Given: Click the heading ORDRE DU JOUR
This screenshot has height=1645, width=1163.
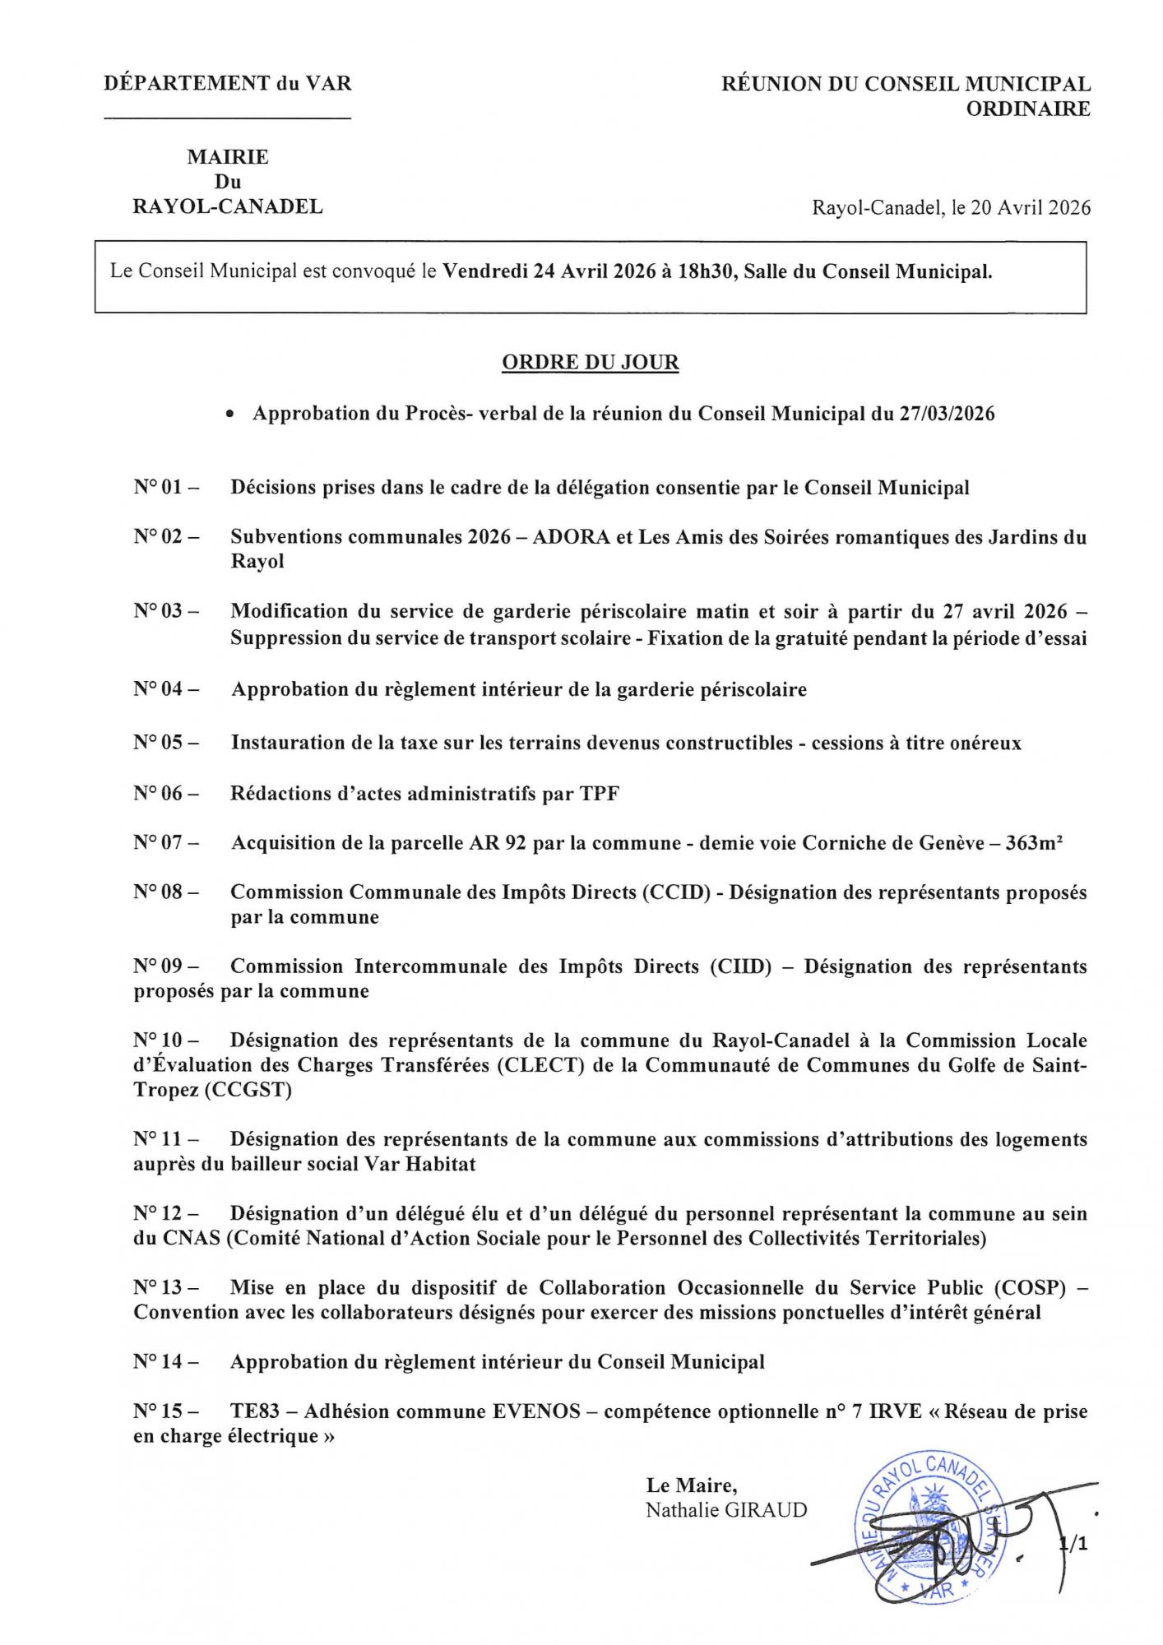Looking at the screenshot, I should coord(590,363).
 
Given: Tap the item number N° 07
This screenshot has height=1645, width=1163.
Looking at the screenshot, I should coord(165,843).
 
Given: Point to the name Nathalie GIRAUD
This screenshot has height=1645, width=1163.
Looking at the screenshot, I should coord(726,1510).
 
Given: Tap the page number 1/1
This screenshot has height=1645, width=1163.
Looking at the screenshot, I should coord(1074,1545).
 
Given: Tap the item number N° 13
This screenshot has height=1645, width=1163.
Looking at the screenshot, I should coord(165,1287).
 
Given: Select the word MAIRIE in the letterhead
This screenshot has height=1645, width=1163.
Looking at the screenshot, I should coord(228,157).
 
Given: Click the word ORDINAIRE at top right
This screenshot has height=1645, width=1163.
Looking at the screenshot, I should coord(1028,109).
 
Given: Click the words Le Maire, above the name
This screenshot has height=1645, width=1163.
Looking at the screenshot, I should coord(691,1485).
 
